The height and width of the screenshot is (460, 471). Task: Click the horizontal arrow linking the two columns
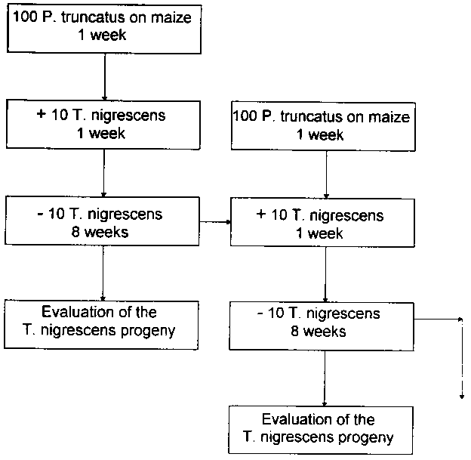(216, 222)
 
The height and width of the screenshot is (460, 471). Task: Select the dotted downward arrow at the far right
(459, 359)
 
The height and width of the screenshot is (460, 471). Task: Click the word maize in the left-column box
(177, 17)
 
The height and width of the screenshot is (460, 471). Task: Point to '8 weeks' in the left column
(103, 231)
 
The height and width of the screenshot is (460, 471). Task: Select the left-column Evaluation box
(103, 320)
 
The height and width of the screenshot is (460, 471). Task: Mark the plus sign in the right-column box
(261, 215)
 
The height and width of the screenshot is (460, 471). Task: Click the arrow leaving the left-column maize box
(103, 76)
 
